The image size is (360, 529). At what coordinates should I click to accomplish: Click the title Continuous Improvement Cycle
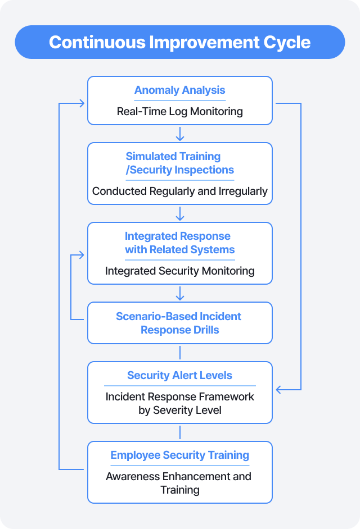pos(179,42)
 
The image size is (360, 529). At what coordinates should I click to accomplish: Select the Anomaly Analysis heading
pos(179,90)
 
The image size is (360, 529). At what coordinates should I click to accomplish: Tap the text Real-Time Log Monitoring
pos(179,111)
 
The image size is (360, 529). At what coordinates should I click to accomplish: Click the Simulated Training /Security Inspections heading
pos(179,163)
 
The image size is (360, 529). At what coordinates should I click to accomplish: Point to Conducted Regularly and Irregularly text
pos(179,191)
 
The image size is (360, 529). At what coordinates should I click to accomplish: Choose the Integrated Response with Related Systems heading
pos(179,243)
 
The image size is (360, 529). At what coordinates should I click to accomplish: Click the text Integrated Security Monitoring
pos(179,271)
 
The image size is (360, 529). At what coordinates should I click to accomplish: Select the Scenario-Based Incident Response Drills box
pos(179,323)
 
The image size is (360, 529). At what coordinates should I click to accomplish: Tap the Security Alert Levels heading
pos(179,376)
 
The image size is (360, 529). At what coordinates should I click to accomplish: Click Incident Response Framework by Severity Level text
pos(179,403)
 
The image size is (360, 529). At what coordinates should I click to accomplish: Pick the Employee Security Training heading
pos(179,455)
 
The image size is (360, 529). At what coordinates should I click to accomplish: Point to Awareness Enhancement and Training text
pos(179,483)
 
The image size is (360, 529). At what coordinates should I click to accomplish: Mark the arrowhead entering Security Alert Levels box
pos(278,389)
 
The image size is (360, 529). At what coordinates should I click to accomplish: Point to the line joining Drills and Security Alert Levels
pos(180,352)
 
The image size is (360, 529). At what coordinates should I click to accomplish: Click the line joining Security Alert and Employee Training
pos(180,432)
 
